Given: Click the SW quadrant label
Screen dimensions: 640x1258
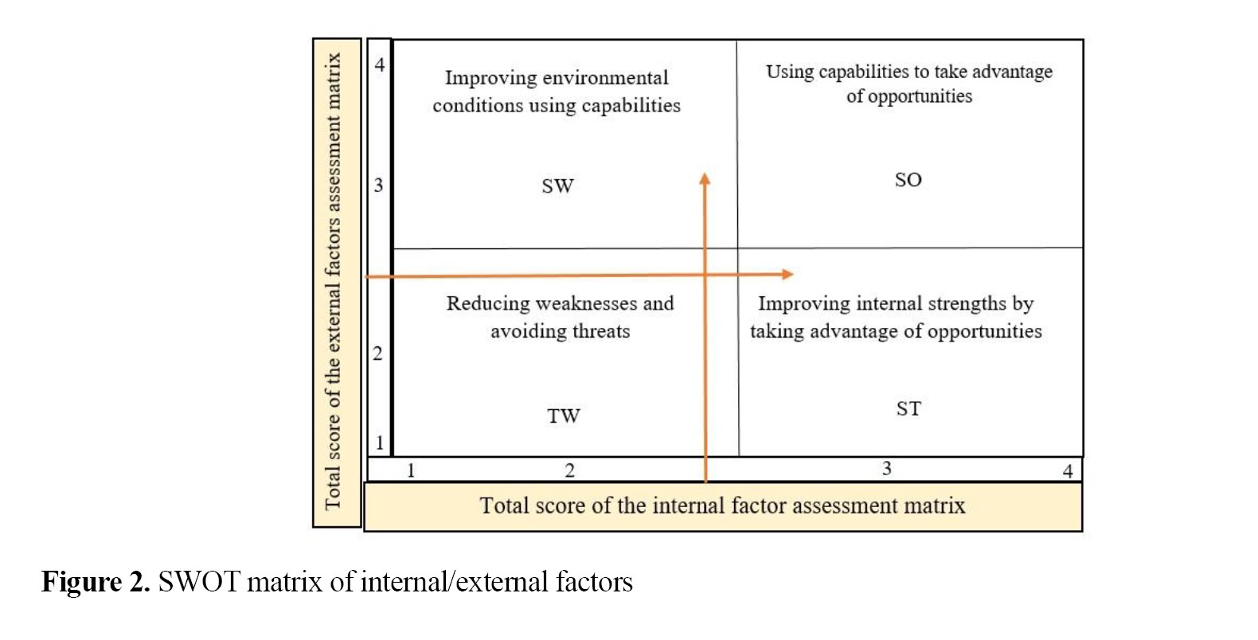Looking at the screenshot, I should [557, 186].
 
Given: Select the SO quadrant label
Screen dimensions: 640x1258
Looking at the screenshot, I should [908, 180].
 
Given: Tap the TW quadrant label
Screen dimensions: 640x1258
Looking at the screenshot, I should [563, 416].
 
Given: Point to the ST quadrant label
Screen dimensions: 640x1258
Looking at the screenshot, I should [908, 409].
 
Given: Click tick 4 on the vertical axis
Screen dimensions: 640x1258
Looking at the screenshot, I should [380, 64].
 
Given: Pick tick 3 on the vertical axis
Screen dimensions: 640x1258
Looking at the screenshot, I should [379, 185].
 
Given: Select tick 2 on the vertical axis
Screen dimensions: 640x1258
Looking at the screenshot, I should [378, 353].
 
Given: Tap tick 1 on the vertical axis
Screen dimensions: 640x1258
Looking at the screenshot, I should [380, 443].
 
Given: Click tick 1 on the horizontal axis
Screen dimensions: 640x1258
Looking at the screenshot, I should [411, 470].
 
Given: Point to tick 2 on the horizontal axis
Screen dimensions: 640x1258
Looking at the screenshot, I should [569, 470].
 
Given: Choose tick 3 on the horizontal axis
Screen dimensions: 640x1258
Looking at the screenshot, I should [886, 469].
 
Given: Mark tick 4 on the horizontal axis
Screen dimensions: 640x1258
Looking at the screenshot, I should [1068, 471].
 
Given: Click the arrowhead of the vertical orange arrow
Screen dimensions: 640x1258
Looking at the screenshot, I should [705, 178].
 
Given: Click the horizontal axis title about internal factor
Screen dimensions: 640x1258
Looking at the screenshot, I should [722, 506].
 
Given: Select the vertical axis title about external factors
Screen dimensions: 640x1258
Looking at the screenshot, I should [334, 281].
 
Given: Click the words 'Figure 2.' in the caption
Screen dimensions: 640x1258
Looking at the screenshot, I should [95, 583].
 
